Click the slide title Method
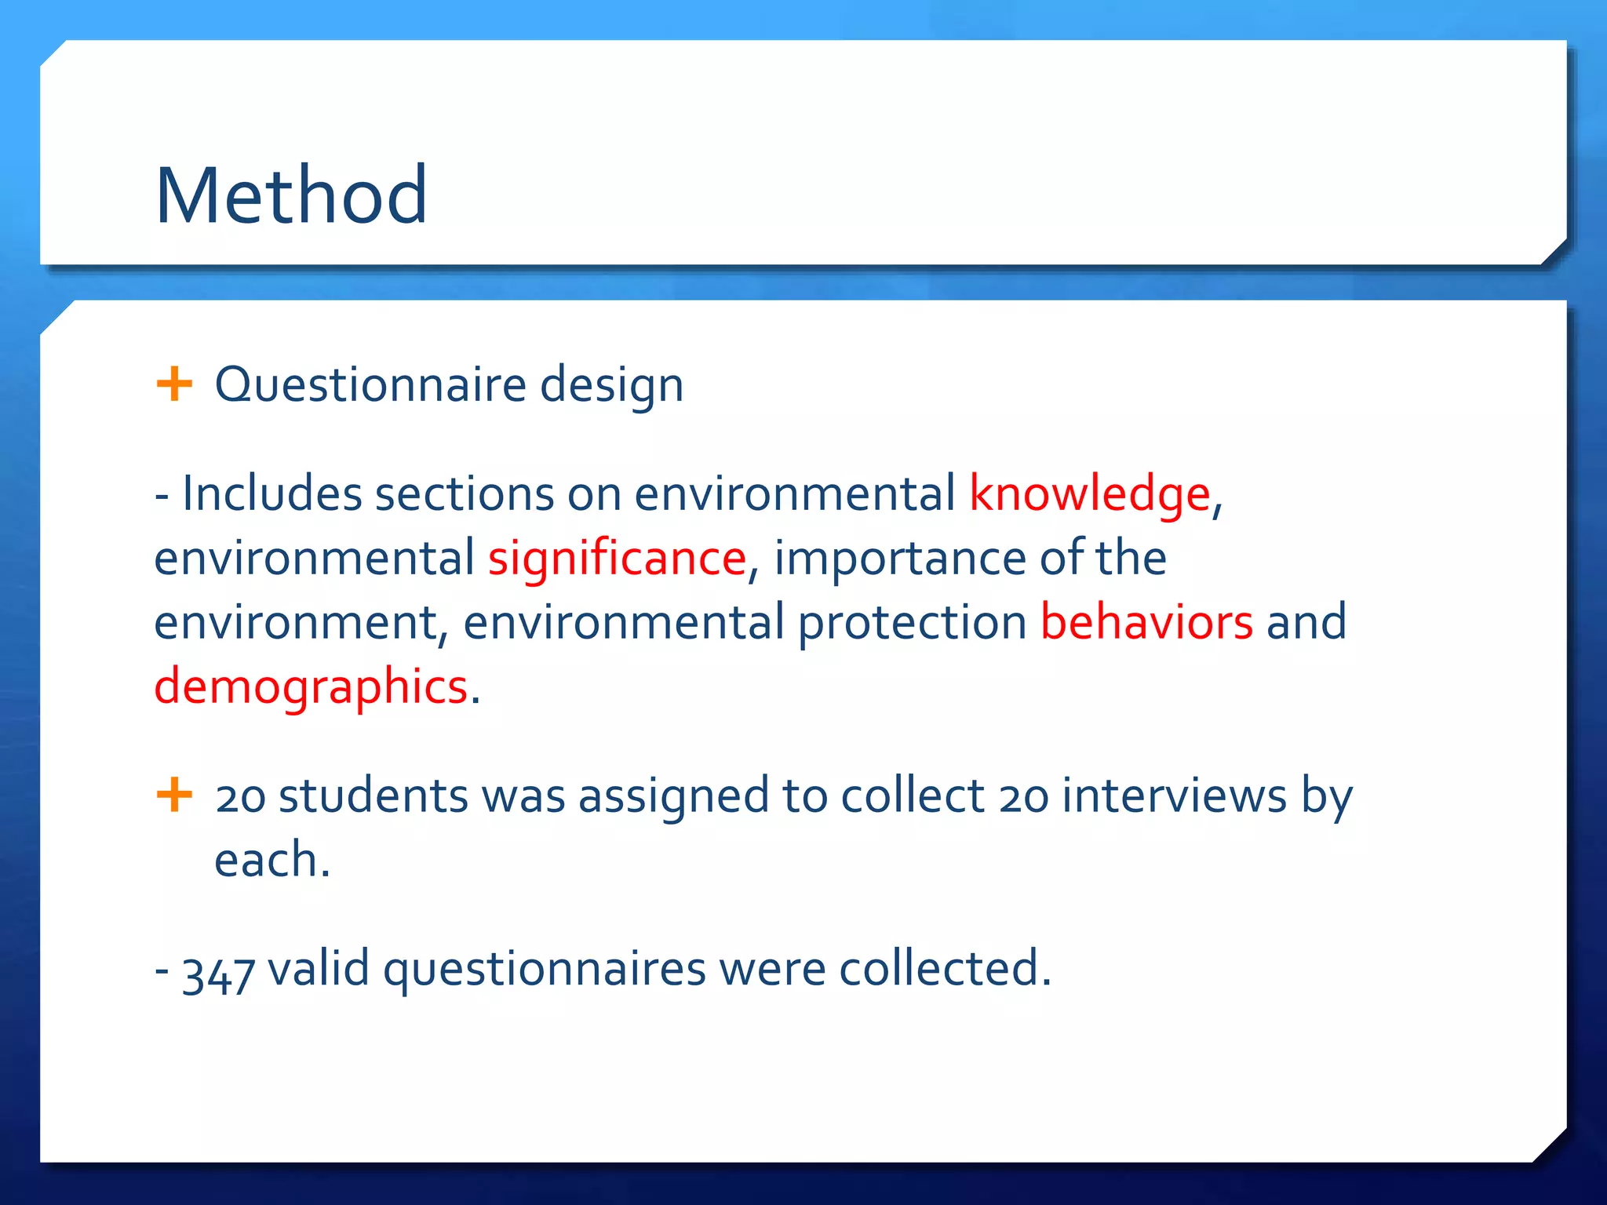tap(291, 195)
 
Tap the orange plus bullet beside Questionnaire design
tap(174, 384)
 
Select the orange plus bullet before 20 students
tap(174, 795)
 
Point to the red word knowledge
tap(1090, 495)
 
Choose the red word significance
tap(617, 559)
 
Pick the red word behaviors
tap(1146, 622)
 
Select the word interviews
tap(1174, 795)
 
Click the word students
tap(374, 795)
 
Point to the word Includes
tap(271, 494)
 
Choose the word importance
tap(900, 559)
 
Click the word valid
tap(319, 968)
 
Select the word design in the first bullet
tap(611, 386)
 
